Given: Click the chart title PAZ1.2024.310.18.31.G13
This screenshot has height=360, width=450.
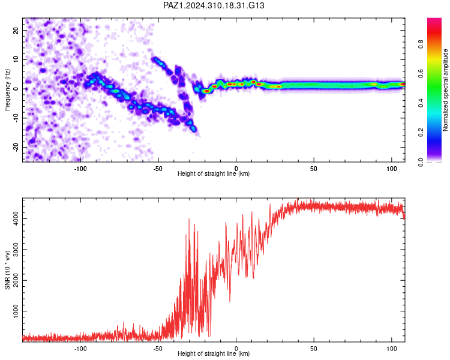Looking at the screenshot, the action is click(x=214, y=5).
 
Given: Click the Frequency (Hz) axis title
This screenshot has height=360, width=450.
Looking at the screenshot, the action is click(x=7, y=90).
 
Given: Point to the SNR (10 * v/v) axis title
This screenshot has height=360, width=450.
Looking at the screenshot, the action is click(x=7, y=270).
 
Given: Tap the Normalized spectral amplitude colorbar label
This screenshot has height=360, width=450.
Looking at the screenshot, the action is click(x=445, y=90).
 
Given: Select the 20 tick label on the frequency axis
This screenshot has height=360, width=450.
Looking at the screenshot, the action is click(x=16, y=31).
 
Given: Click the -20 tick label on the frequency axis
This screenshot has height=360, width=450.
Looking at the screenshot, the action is click(x=16, y=147).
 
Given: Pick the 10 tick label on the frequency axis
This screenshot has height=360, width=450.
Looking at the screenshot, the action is click(x=16, y=59).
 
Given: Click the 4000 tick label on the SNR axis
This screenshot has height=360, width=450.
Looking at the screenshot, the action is click(x=16, y=219).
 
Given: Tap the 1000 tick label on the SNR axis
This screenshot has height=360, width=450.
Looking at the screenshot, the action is click(x=16, y=311).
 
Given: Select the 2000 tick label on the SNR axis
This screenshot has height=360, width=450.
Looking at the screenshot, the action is click(x=16, y=280).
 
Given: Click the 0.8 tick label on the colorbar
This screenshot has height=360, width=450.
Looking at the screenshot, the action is click(x=421, y=44).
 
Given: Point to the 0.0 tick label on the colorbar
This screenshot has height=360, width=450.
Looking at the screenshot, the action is click(x=421, y=162).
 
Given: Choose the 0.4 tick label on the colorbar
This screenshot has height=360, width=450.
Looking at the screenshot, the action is click(x=421, y=103).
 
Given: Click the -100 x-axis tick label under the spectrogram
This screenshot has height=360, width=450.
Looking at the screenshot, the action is click(x=80, y=169).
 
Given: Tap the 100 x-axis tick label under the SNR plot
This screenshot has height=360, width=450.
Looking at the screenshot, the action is click(x=391, y=349).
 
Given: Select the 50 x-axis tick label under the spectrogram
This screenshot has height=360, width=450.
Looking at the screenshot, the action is click(x=313, y=169).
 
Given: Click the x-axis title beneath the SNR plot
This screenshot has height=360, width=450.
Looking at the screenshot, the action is click(x=214, y=353).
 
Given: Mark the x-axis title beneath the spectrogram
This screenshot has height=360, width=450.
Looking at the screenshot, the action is click(x=214, y=173).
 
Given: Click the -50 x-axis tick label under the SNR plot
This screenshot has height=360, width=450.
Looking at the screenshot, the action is click(x=158, y=349).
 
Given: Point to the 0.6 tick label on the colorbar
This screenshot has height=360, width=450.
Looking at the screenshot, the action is click(x=421, y=74).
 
